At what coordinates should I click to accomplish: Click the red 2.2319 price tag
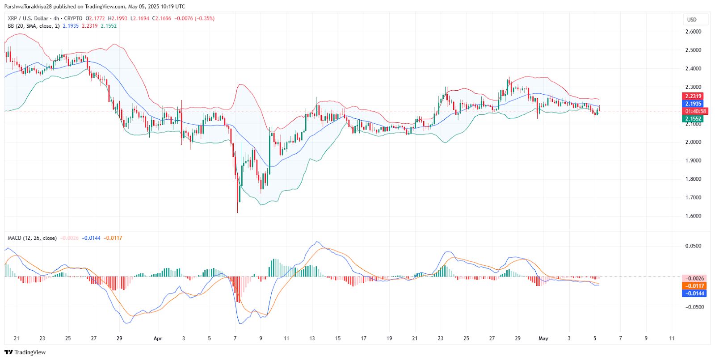tap(693, 96)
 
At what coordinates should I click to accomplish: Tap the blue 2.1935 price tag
tap(693, 104)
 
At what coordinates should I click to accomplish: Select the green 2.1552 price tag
tap(693, 119)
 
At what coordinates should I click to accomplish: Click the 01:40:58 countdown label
tap(695, 111)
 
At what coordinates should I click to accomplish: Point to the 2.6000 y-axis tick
tap(693, 32)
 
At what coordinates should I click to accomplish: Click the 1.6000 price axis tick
tap(693, 216)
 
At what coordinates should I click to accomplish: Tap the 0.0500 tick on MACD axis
tap(693, 246)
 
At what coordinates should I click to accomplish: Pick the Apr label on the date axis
tap(158, 339)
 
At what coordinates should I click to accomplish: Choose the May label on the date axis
tap(543, 339)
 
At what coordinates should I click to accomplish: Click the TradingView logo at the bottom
tap(25, 352)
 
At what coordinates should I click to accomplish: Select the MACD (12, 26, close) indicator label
tap(32, 238)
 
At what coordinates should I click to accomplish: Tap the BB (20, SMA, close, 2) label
tap(34, 26)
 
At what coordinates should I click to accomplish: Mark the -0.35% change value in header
tap(205, 18)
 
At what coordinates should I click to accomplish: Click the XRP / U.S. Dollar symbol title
tap(28, 18)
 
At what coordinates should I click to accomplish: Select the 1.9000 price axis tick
tap(693, 161)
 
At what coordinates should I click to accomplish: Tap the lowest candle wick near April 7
tap(237, 212)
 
